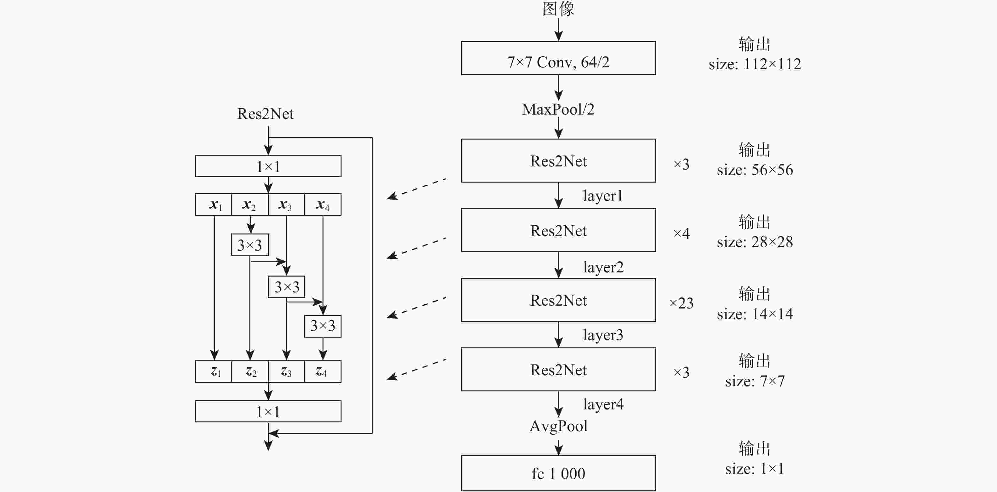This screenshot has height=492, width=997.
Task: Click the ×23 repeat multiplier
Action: coord(681,303)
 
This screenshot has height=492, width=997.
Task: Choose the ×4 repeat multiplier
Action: coord(681,233)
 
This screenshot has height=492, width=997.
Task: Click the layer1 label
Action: coord(603,196)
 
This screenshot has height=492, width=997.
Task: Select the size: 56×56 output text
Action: coord(755,170)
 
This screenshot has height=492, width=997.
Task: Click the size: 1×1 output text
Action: coord(755,469)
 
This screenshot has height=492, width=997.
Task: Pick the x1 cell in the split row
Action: coord(214,205)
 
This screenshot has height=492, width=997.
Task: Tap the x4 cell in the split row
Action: coord(323,205)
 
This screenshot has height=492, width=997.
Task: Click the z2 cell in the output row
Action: coord(250,371)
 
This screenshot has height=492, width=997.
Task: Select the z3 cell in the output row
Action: coord(286,371)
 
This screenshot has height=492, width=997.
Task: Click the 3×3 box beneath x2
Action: coord(250,245)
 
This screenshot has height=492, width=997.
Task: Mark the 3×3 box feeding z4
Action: coord(323,326)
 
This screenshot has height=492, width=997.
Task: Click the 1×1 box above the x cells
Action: coord(268,166)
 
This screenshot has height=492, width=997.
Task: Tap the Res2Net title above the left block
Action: coord(265,114)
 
